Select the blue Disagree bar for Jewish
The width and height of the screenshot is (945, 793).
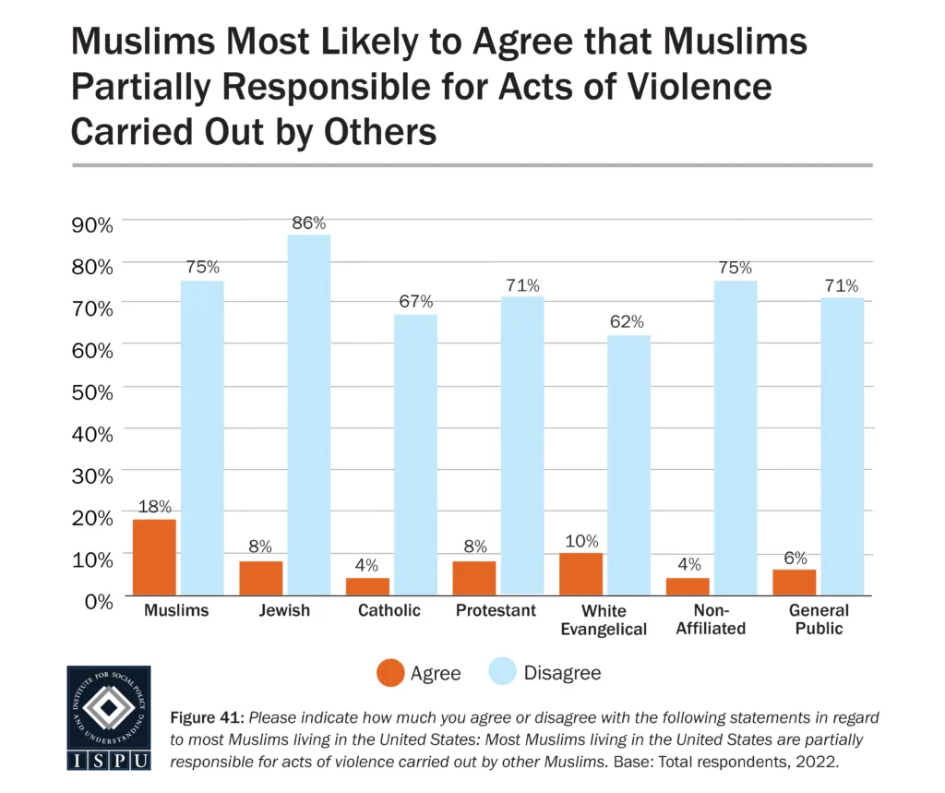coord(309,415)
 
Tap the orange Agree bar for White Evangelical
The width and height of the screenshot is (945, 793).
coord(580,573)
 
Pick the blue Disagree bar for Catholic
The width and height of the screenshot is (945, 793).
coord(416,454)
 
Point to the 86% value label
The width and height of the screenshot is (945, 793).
coord(309,223)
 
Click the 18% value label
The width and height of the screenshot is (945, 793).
coord(155,507)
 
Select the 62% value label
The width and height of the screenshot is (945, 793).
coord(629,323)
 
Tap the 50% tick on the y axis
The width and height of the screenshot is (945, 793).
coord(92,390)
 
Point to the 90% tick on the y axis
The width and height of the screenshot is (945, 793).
coord(92,223)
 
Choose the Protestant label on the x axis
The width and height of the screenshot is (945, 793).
coord(496,611)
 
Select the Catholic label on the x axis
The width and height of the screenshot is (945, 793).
coord(389,611)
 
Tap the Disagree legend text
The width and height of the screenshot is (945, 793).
coord(562,673)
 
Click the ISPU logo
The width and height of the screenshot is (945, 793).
coord(109,718)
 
